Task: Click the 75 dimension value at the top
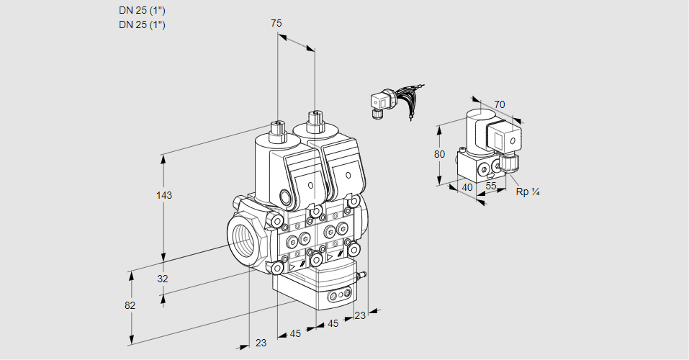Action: pos(276,23)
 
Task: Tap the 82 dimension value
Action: pos(130,305)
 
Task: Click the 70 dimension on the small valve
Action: pos(500,104)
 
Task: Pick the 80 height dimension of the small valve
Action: pos(439,153)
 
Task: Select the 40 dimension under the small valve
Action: pos(467,187)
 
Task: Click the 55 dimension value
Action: pos(492,186)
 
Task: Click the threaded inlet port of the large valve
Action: pos(242,238)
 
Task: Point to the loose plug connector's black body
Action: pos(379,103)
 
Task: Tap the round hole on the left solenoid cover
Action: pos(310,186)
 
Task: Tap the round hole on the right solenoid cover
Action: pos(348,176)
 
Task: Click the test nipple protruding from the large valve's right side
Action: pos(363,274)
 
